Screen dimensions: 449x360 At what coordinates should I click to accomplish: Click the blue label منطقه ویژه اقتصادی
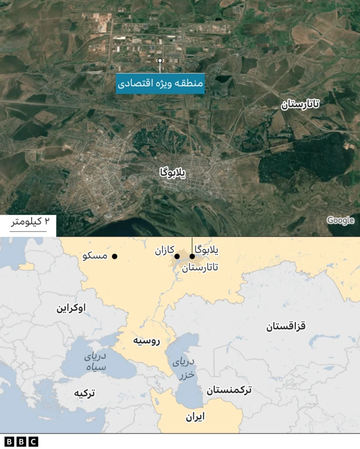click(160, 84)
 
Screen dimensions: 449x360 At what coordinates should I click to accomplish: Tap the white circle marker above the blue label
click(160, 60)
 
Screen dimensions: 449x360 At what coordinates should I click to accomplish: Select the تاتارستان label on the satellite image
click(300, 104)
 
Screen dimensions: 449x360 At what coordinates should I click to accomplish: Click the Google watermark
click(340, 221)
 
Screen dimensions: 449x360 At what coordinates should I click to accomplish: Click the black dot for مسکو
click(115, 257)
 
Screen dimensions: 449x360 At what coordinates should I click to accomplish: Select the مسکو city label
click(94, 256)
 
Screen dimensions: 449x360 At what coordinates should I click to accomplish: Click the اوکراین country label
click(71, 308)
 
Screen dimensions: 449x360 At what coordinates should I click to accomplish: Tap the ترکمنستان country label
click(229, 389)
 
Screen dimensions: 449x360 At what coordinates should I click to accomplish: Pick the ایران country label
click(195, 416)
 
